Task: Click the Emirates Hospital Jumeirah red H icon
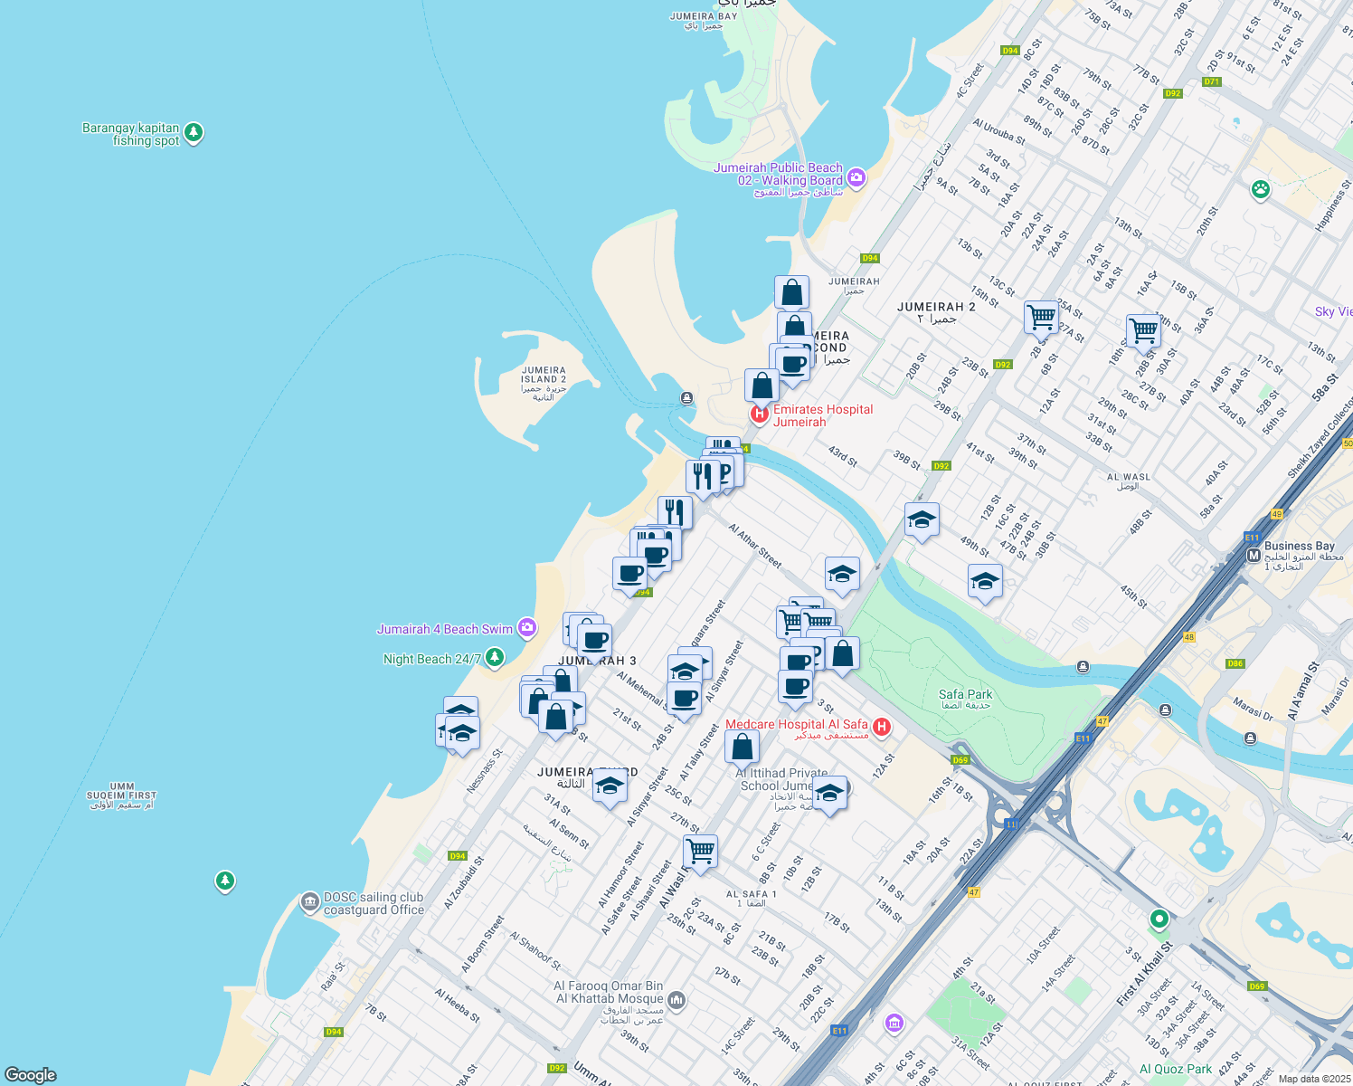[759, 414]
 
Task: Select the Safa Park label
[966, 699]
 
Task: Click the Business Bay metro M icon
[1254, 555]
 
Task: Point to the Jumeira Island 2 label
[544, 383]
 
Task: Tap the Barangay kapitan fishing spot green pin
[194, 133]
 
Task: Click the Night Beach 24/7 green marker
[494, 658]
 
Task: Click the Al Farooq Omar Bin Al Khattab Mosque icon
[676, 1000]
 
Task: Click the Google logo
[30, 1075]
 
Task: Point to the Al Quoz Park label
[1176, 1069]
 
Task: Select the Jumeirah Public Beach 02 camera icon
[856, 177]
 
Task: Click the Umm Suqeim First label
[122, 795]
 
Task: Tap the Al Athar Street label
[755, 546]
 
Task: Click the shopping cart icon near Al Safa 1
[700, 851]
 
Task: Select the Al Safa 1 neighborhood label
[751, 898]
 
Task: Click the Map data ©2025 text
[1313, 1079]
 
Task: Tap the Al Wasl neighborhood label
[1129, 481]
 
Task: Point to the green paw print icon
[1261, 189]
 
